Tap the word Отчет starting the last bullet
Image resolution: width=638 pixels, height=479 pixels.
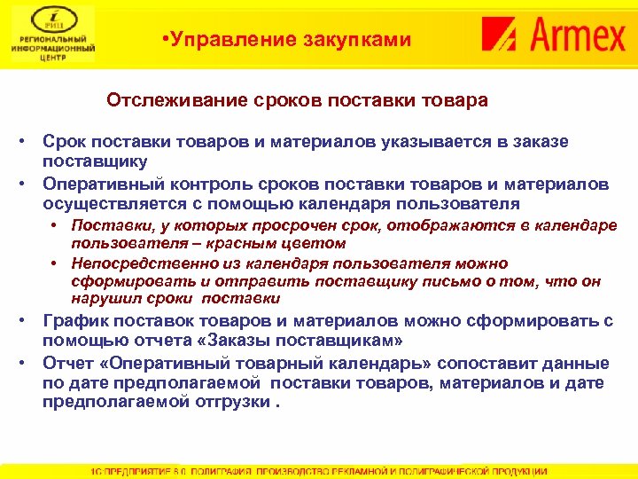point(68,364)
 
